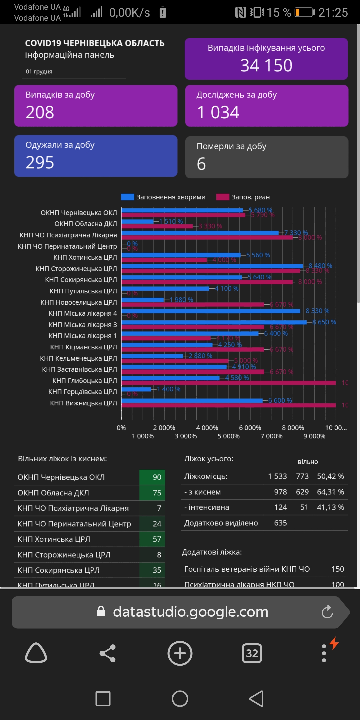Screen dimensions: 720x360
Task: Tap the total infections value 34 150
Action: (266, 65)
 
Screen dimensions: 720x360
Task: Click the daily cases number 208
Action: (40, 112)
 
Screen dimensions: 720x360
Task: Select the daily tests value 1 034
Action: (218, 112)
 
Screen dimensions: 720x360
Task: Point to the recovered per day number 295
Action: (40, 163)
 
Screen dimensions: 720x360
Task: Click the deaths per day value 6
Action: (201, 164)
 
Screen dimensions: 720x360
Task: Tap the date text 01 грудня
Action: (39, 72)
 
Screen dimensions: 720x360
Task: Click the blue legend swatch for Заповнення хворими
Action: (127, 197)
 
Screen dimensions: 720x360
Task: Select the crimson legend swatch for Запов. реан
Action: (223, 197)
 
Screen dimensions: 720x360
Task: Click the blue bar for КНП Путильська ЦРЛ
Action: (165, 289)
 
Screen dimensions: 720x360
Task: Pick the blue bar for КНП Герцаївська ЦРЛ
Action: (136, 389)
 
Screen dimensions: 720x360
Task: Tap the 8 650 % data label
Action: (324, 322)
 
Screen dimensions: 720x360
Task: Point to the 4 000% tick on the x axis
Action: (207, 428)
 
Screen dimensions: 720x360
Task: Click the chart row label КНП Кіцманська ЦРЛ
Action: (83, 347)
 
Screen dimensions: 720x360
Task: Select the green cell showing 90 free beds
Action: (153, 477)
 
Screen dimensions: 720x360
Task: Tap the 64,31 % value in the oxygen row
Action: (330, 492)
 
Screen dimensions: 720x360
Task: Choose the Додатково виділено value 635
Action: (280, 523)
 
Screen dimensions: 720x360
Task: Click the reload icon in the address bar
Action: (327, 612)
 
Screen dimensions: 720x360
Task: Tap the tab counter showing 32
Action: (252, 653)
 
